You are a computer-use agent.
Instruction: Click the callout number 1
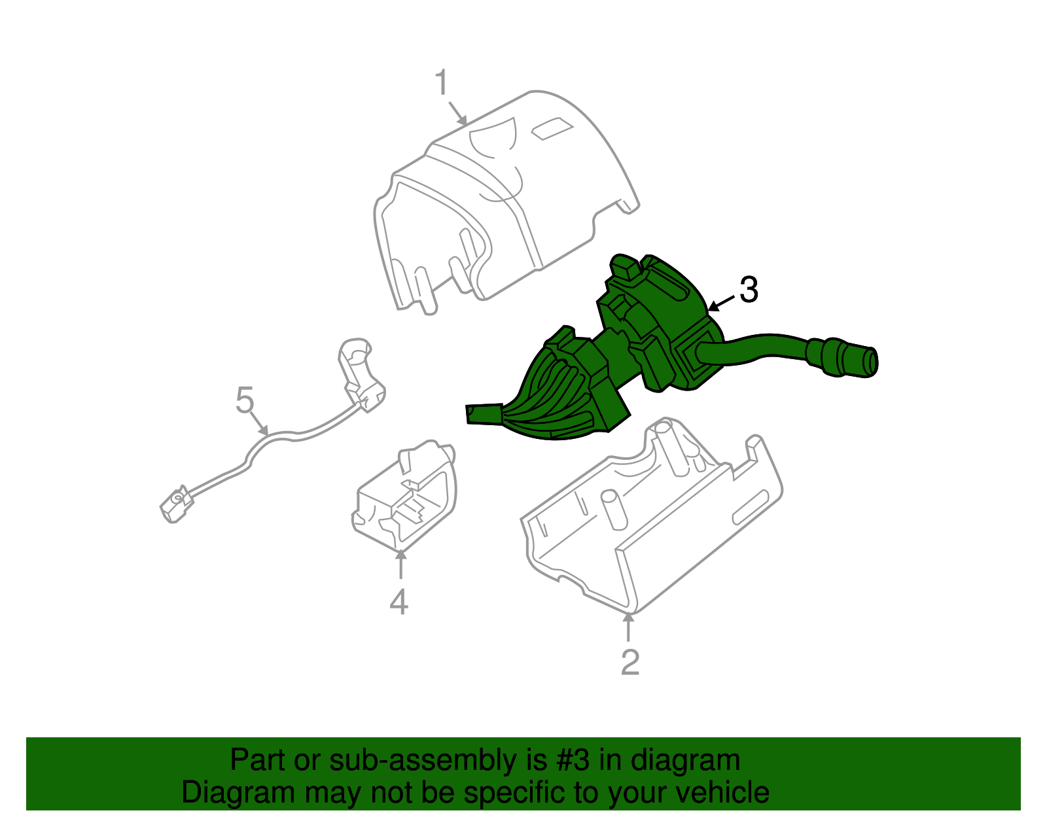[442, 83]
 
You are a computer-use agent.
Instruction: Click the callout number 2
[630, 662]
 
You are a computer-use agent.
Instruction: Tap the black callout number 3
[749, 290]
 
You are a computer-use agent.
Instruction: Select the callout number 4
[399, 601]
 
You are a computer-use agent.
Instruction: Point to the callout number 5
[244, 400]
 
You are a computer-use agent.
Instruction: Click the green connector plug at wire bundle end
[482, 414]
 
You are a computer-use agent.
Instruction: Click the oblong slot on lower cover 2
[750, 506]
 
